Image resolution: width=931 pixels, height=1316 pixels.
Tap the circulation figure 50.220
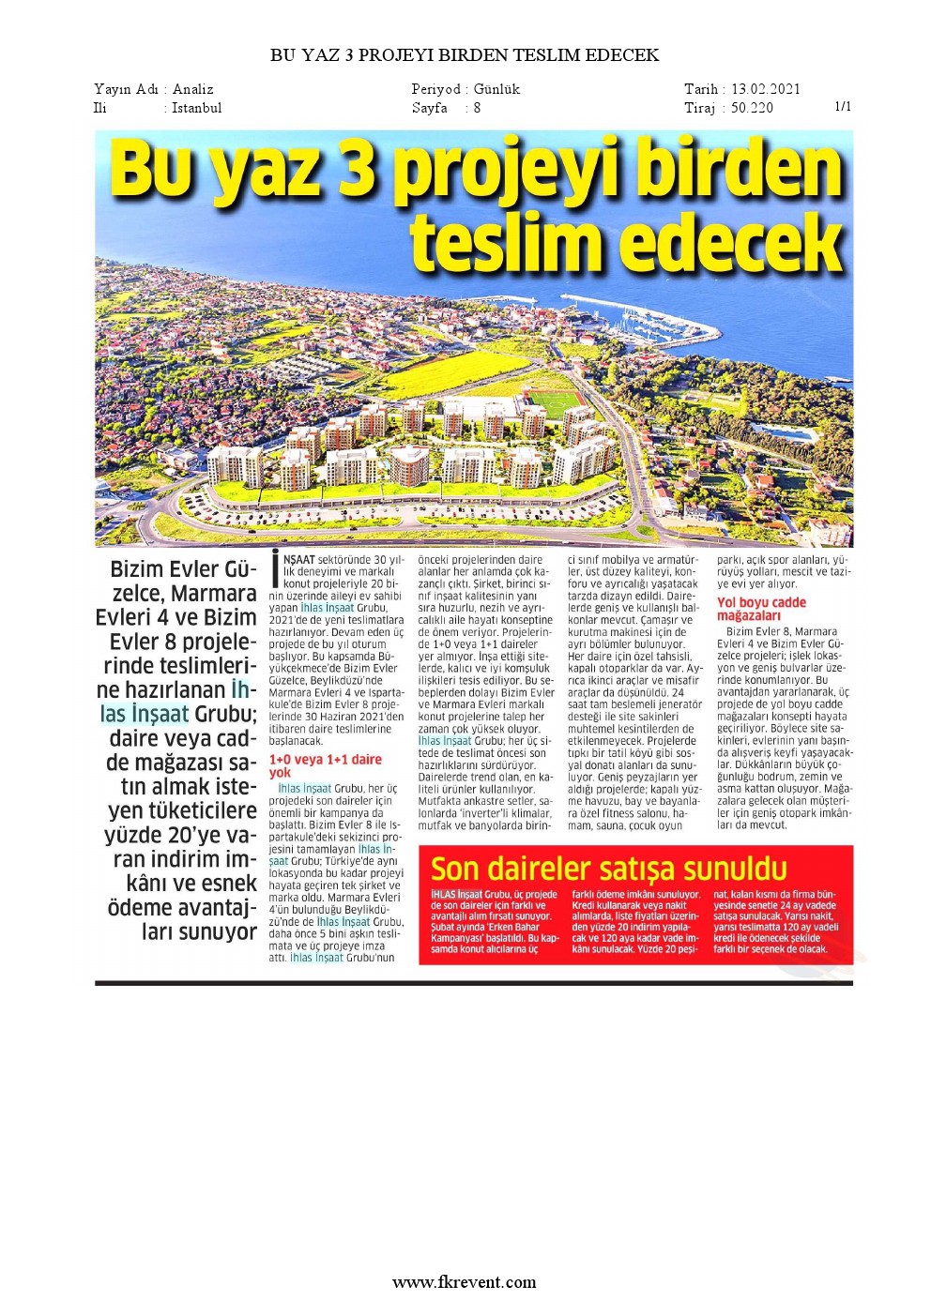[752, 108]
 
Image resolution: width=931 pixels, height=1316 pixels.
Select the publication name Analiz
[192, 89]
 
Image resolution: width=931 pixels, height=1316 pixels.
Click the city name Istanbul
[196, 108]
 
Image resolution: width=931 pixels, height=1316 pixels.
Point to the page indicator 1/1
[843, 106]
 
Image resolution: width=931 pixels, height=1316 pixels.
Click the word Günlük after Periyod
[496, 89]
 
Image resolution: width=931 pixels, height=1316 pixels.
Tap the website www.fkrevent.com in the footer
[465, 1281]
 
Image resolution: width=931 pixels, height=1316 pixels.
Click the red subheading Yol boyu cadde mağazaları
[761, 609]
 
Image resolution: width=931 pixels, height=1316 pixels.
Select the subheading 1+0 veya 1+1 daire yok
[325, 765]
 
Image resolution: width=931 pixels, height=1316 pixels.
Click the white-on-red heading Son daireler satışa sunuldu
[608, 869]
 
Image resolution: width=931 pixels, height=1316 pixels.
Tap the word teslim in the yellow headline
[506, 243]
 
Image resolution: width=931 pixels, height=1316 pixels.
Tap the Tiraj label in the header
[700, 108]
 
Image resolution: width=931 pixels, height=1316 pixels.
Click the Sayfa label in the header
[429, 108]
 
